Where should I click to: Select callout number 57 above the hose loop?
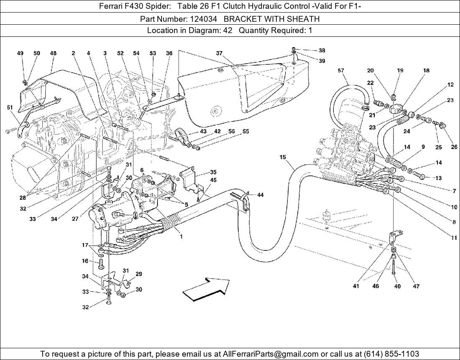click(x=341, y=71)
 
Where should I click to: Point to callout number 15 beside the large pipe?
click(x=283, y=157)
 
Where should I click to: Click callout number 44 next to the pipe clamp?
click(x=260, y=195)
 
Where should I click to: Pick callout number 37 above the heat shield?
click(x=219, y=53)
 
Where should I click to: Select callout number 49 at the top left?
click(x=20, y=53)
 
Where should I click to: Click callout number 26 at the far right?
click(x=454, y=147)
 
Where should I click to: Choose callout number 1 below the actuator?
click(x=181, y=237)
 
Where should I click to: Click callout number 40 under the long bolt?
click(x=397, y=286)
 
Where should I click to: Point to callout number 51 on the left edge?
click(x=10, y=107)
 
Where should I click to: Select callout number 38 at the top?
click(x=322, y=50)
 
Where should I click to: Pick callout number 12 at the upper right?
click(x=450, y=85)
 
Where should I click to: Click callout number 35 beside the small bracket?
click(x=213, y=172)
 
